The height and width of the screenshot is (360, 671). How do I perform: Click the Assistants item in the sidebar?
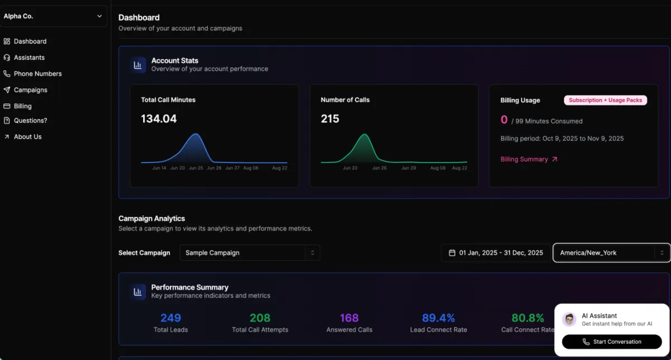coord(29,58)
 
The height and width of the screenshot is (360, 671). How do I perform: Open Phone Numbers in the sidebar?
coord(37,74)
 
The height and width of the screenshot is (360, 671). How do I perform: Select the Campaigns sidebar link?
coord(30,90)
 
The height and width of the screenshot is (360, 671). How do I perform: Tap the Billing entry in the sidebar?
coord(22,106)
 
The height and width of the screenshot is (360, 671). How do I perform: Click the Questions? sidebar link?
coord(30,120)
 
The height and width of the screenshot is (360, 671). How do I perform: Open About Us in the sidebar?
coord(27,136)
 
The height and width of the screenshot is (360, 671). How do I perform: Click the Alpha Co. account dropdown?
coord(53,16)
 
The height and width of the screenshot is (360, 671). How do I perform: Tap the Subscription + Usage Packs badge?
coord(605,100)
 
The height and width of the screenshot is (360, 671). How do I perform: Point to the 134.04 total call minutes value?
coord(159,119)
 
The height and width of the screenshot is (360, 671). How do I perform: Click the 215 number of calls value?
coord(330,119)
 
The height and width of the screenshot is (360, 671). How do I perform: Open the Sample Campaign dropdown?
coord(249,253)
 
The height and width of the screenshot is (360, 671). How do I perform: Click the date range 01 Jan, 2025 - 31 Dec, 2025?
coord(495,253)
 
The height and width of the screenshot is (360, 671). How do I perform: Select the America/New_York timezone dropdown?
coord(611,253)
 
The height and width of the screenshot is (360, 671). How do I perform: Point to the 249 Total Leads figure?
coord(171,318)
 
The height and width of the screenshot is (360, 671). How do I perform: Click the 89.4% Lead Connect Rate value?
coord(438,318)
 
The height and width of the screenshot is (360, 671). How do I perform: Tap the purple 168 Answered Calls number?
coord(349,318)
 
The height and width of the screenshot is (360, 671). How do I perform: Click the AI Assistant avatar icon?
coord(569,319)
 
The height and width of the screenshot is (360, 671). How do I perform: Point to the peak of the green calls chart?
coord(365,135)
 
